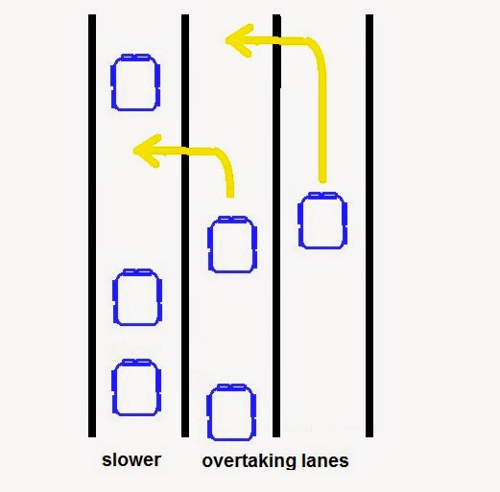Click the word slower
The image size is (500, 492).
(x=131, y=460)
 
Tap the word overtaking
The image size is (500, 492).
(x=249, y=461)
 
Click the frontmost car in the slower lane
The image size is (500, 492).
(x=135, y=82)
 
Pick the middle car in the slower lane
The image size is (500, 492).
(x=137, y=297)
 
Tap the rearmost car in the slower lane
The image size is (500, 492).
(x=136, y=387)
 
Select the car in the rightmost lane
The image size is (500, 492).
(x=322, y=221)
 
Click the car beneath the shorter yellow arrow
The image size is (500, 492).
(x=232, y=245)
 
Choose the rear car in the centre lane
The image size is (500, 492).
(x=231, y=412)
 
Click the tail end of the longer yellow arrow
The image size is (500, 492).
(x=322, y=181)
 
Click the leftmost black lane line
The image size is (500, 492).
(x=92, y=225)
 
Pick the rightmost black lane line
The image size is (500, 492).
(x=369, y=225)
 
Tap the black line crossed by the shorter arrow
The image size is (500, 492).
(x=185, y=225)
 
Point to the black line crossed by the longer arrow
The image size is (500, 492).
(x=276, y=225)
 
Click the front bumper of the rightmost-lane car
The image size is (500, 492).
(x=323, y=194)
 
